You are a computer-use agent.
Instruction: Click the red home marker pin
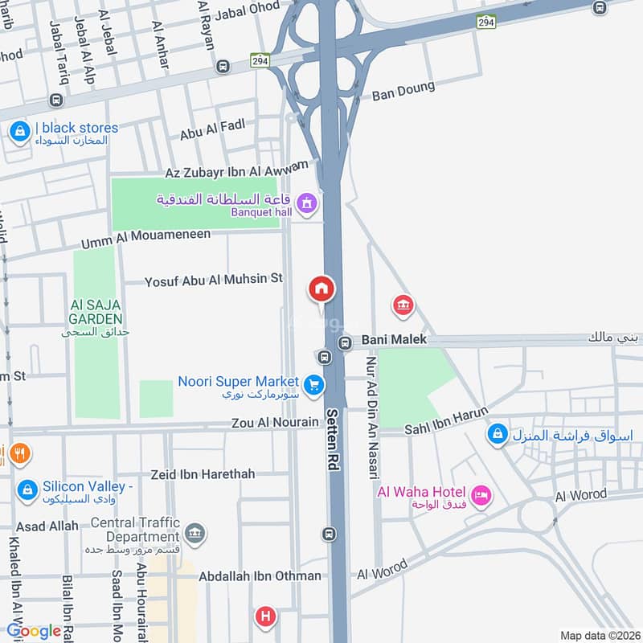321,289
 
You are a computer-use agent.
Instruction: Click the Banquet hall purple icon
305,204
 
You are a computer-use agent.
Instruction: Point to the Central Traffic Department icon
195,533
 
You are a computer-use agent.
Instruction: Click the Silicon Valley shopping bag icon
27,489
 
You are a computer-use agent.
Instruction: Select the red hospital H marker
264,617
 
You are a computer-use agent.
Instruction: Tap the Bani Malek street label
393,340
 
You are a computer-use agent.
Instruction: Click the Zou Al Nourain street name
274,422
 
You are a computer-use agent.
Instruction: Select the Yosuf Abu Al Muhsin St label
214,280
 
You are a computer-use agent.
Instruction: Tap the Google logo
34,631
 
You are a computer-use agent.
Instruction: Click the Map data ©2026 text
598,635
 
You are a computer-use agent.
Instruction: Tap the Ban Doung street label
403,91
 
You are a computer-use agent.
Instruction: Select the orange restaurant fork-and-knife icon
18,455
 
